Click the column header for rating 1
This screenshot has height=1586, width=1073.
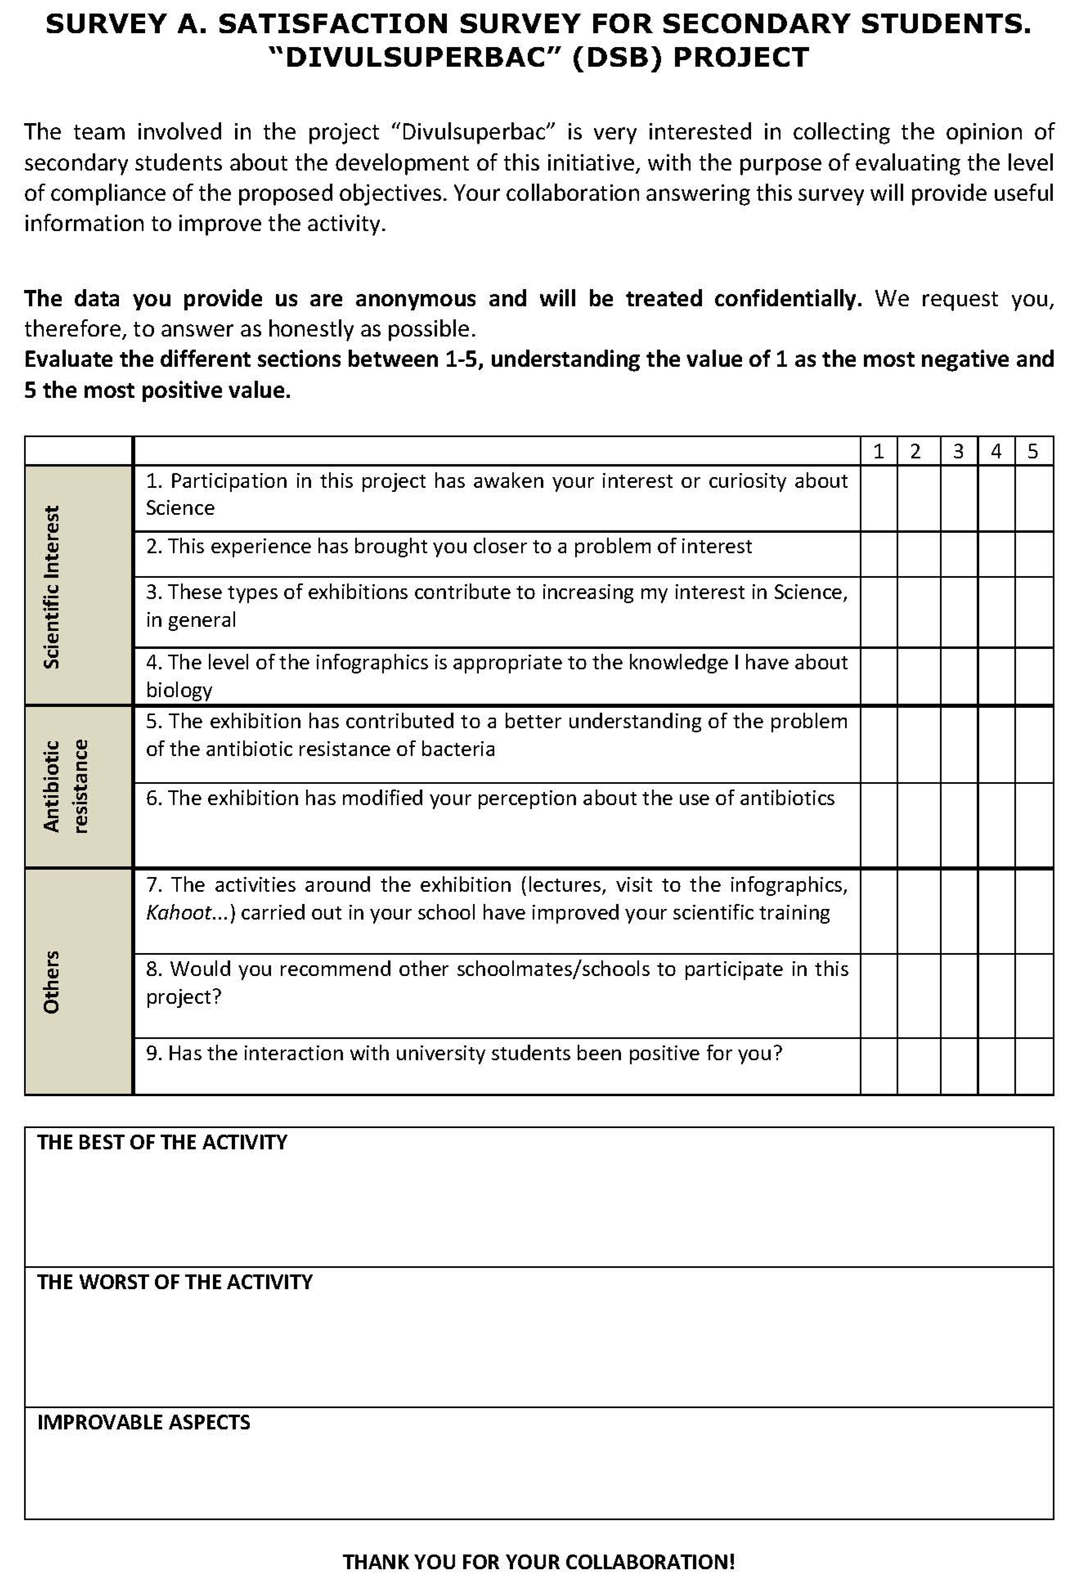878,451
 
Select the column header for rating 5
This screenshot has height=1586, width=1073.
1033,451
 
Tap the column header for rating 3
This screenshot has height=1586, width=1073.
959,451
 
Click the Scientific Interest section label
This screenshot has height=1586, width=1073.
52,586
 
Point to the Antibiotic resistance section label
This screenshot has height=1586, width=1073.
65,786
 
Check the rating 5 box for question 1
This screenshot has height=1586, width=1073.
1033,498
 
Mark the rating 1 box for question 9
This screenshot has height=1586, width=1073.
878,1066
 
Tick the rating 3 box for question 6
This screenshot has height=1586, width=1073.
959,825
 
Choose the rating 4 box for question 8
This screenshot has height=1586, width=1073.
996,996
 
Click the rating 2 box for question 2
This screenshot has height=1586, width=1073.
918,554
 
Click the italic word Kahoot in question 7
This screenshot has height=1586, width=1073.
178,913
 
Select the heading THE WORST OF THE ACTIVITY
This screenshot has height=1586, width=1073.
175,1282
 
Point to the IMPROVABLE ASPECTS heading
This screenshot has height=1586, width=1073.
144,1422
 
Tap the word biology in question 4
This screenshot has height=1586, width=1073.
179,690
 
